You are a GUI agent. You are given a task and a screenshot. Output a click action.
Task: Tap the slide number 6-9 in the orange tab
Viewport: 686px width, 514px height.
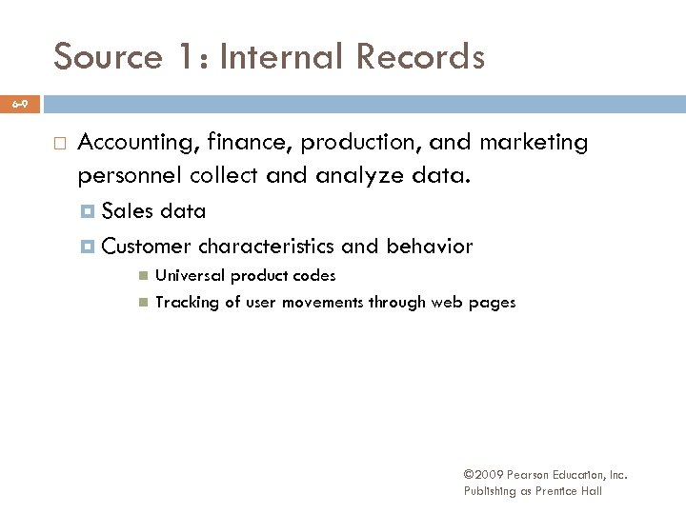[20, 102]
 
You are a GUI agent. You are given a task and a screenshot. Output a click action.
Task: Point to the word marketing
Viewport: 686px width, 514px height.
[534, 144]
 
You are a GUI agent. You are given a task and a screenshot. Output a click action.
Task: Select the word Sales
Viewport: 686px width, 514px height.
[129, 211]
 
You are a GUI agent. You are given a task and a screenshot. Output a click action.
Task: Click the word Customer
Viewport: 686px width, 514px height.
[147, 247]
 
